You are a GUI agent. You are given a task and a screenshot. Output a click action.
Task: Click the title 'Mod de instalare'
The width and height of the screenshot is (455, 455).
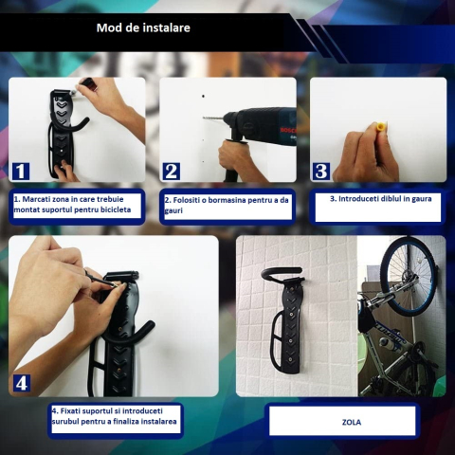pos(143,27)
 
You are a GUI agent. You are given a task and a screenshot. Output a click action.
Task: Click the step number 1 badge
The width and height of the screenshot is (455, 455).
pos(21,171)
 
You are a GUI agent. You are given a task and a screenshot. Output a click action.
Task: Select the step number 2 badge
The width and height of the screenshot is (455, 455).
pos(171,171)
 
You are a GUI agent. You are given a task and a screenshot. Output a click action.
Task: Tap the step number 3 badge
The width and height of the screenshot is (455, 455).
pos(321,171)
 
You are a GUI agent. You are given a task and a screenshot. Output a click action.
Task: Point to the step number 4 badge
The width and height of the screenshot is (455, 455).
pos(21,383)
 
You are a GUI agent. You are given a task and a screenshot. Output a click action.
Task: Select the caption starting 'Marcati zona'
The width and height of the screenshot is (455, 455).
pos(76,206)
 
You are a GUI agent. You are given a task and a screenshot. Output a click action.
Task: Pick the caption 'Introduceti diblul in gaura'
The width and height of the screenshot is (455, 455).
pos(378,200)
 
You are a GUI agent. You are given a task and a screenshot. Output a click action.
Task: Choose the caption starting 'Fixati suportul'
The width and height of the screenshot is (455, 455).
pos(114,418)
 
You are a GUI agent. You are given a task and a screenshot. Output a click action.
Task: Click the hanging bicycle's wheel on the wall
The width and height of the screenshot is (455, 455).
pos(409,275)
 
